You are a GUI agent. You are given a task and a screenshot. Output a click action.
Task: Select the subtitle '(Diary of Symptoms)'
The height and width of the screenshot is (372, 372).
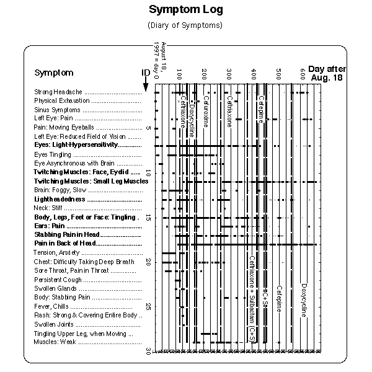[185, 25]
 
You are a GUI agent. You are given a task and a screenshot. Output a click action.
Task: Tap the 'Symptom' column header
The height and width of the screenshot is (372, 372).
[54, 73]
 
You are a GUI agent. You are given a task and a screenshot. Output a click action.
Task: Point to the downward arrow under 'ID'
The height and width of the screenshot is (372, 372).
[145, 86]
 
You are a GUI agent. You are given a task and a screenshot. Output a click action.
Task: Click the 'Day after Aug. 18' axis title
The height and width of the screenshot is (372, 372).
[327, 73]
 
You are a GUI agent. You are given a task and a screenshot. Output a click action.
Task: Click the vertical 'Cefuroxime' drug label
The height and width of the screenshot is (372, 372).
[206, 112]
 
